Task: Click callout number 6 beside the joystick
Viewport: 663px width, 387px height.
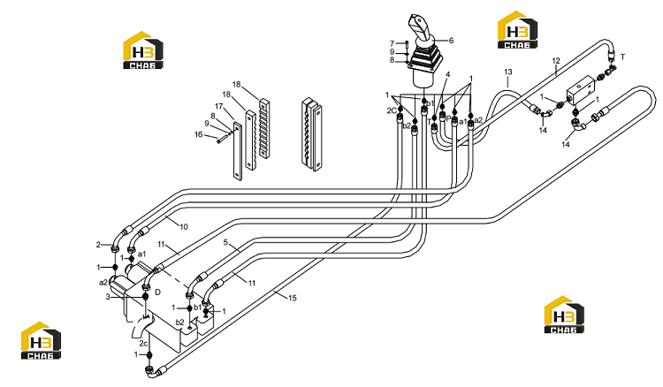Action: click(451, 41)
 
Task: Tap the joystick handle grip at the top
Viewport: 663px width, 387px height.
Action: click(420, 27)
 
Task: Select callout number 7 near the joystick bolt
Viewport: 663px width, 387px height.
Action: click(392, 43)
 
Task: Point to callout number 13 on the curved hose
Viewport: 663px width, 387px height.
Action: click(507, 72)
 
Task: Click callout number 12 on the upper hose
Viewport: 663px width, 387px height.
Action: click(556, 61)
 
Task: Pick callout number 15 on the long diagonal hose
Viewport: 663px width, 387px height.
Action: click(293, 298)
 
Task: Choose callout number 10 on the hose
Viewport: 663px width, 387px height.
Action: click(184, 227)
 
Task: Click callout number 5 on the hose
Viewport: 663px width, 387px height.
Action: click(225, 242)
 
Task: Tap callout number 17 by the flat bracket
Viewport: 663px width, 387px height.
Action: click(218, 106)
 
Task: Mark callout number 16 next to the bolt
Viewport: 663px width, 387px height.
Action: click(198, 134)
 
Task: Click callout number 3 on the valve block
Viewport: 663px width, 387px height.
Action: click(108, 297)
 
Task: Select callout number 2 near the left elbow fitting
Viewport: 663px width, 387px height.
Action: click(98, 245)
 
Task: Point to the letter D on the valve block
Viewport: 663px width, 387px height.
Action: click(157, 292)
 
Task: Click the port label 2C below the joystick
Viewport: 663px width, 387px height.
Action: click(392, 110)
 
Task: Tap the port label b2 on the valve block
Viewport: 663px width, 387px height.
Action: click(180, 322)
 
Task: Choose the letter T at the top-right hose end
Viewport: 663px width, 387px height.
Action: click(623, 57)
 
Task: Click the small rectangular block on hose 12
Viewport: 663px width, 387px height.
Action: click(581, 89)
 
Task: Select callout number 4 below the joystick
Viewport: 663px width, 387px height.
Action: click(448, 74)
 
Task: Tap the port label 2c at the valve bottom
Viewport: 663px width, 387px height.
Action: click(143, 343)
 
